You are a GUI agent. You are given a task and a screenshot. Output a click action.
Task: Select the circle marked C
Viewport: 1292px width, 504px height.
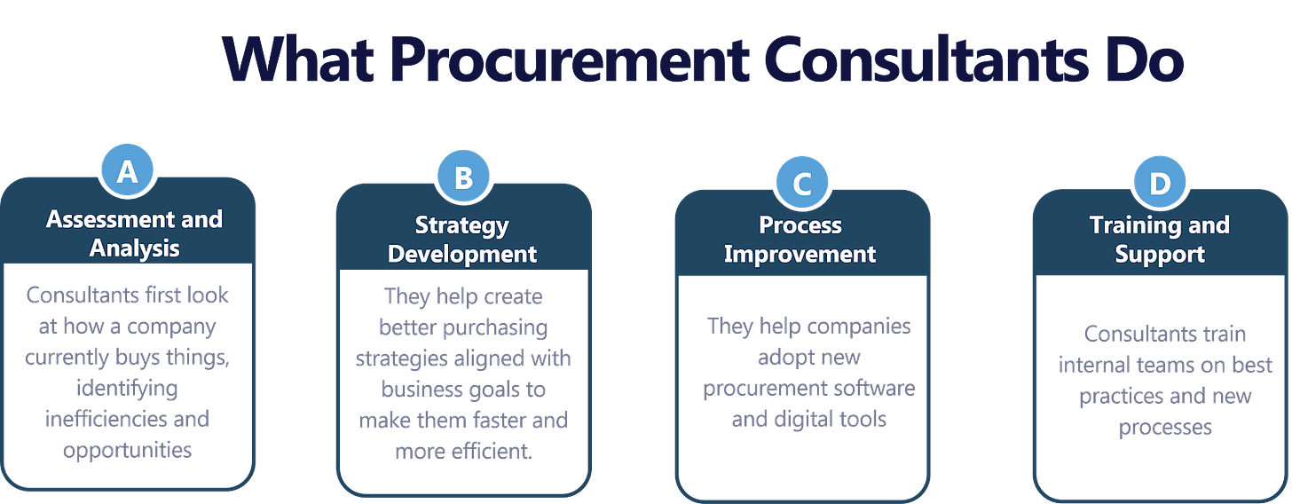pos(801,184)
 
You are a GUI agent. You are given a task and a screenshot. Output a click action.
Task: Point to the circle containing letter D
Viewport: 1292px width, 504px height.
pos(1159,184)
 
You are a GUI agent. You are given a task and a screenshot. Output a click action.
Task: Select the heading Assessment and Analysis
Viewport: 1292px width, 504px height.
pos(134,233)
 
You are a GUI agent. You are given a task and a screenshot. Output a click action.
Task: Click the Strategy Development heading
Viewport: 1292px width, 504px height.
pos(462,240)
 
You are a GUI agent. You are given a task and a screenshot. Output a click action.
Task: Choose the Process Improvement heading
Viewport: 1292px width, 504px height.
pos(800,240)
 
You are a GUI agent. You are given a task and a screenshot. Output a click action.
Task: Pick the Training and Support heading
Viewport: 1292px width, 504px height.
pos(1160,240)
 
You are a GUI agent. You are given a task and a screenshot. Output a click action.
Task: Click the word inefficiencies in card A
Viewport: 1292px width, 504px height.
pos(128,418)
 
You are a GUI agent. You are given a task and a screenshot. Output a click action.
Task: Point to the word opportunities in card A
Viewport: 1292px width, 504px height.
pos(128,449)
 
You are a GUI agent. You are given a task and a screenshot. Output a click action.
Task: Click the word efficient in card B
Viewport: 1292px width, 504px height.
pos(490,450)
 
